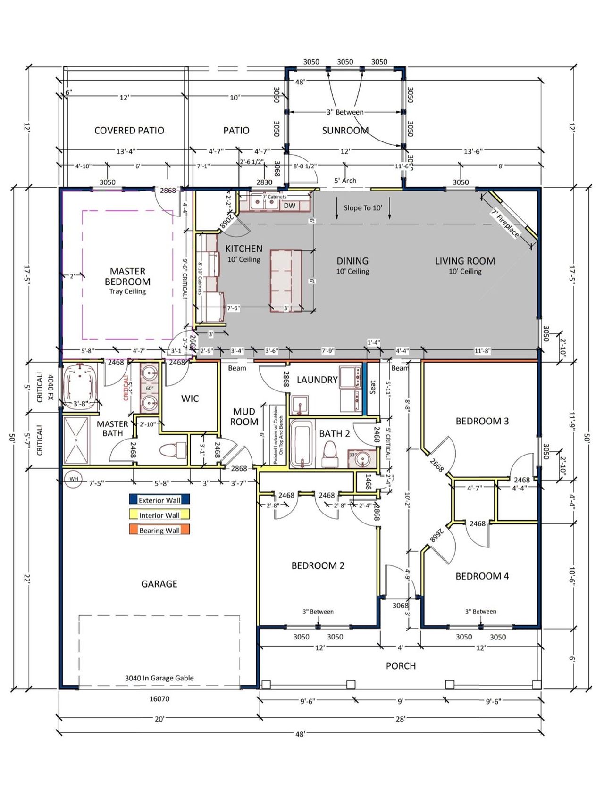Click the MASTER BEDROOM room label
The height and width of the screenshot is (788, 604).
tap(127, 277)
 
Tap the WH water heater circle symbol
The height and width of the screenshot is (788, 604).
tap(74, 479)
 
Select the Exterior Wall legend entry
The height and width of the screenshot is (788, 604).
tap(159, 500)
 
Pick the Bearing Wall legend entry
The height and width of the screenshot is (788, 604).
tap(159, 530)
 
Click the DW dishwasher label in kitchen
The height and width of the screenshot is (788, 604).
tap(289, 206)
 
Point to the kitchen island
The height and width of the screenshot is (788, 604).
tap(286, 281)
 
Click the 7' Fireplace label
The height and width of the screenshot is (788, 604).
tap(505, 224)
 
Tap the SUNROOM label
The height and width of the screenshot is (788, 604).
tap(345, 131)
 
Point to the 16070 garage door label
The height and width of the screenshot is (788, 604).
tap(159, 698)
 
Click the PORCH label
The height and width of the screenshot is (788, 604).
tap(401, 666)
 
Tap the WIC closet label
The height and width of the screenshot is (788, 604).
tap(190, 398)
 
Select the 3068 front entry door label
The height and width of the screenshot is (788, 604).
tap(400, 605)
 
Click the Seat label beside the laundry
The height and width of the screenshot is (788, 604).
tap(373, 388)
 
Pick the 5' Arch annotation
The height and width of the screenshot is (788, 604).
tap(345, 181)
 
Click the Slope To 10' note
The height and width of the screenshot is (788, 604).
tap(362, 207)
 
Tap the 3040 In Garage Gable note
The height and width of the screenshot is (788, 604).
tap(159, 678)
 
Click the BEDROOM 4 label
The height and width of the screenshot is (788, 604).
tap(482, 576)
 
